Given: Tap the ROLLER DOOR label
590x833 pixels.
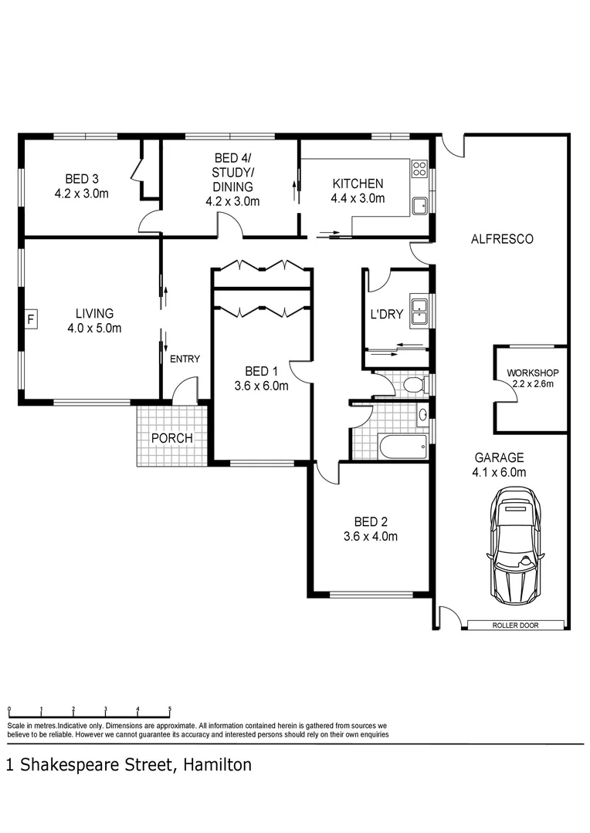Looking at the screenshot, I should [515, 625].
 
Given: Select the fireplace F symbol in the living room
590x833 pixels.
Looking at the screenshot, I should [31, 318].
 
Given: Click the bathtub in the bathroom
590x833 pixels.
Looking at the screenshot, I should [401, 445].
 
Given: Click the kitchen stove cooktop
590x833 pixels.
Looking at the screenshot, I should [419, 168].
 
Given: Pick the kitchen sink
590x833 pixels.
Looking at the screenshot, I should [420, 206].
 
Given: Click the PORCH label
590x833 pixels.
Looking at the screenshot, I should [171, 438].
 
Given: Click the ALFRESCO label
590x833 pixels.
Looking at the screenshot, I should [502, 239].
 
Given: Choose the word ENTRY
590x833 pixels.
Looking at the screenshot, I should [185, 359].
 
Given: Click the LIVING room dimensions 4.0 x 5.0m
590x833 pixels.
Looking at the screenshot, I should [94, 328].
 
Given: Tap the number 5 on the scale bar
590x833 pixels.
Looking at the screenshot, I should [169, 709].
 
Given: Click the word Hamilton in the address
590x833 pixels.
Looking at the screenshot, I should [218, 765].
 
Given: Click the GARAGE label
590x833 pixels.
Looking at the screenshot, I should [499, 457].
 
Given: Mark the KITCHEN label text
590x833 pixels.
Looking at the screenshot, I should [358, 184].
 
